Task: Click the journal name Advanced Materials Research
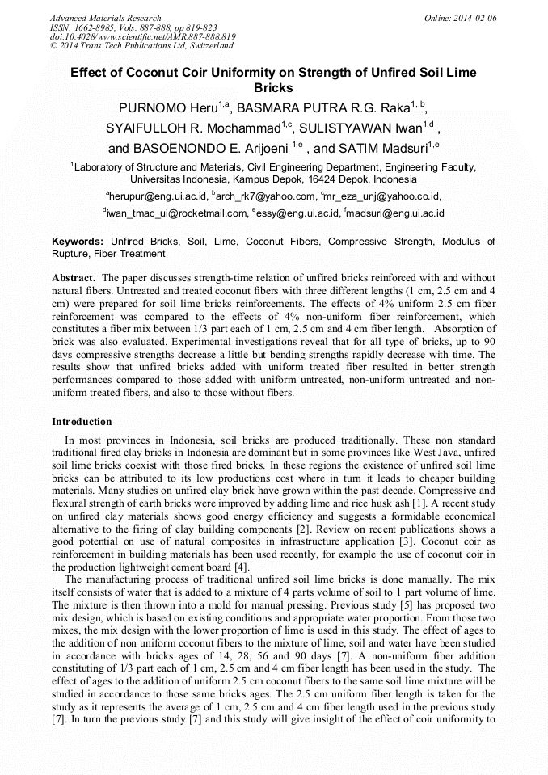[105, 18]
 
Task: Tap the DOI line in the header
[142, 36]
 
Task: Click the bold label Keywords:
[78, 242]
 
